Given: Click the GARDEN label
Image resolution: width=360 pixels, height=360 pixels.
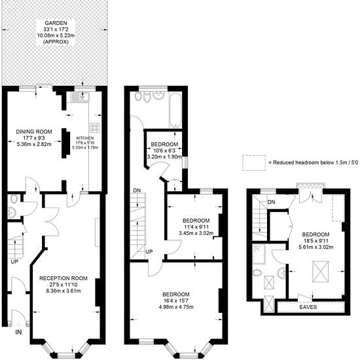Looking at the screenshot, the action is (56, 23).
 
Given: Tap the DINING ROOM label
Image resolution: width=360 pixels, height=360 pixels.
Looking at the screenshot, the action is (34, 132).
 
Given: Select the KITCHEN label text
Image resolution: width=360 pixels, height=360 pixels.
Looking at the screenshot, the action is (85, 138).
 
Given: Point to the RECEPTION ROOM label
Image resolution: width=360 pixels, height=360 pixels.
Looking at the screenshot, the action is (63, 278).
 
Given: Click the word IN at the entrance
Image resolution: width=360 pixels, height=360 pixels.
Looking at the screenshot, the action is (18, 332).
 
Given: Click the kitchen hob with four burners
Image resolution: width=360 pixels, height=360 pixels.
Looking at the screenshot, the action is (95, 128).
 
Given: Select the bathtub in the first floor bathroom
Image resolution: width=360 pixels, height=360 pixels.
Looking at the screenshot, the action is (175, 110).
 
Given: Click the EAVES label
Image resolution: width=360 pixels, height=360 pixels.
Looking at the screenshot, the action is (308, 307).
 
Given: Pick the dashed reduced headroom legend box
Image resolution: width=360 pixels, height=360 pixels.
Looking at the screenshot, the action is (254, 156).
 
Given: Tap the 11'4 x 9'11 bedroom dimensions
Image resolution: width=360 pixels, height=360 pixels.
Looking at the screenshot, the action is (196, 227).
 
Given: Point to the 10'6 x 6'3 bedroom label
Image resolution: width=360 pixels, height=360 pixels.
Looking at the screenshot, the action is (164, 151).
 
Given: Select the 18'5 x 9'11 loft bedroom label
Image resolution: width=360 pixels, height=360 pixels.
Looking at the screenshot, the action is (315, 241).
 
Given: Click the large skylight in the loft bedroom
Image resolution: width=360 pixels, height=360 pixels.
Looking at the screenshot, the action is (321, 272).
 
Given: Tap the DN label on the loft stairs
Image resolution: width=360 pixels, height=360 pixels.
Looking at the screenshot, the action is (272, 202).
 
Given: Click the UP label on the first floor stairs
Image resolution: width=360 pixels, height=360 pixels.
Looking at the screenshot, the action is (149, 251).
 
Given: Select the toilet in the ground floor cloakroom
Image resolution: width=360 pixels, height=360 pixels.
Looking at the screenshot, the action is (14, 199).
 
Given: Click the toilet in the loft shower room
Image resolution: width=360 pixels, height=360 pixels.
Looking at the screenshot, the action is (257, 273).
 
